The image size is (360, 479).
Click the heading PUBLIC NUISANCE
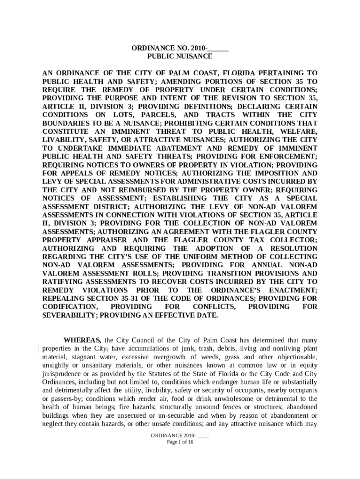pos(180,56)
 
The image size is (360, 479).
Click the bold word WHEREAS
pos(83,340)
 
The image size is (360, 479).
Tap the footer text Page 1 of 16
pos(180,442)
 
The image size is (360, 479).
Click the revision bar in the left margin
pos(38,348)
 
